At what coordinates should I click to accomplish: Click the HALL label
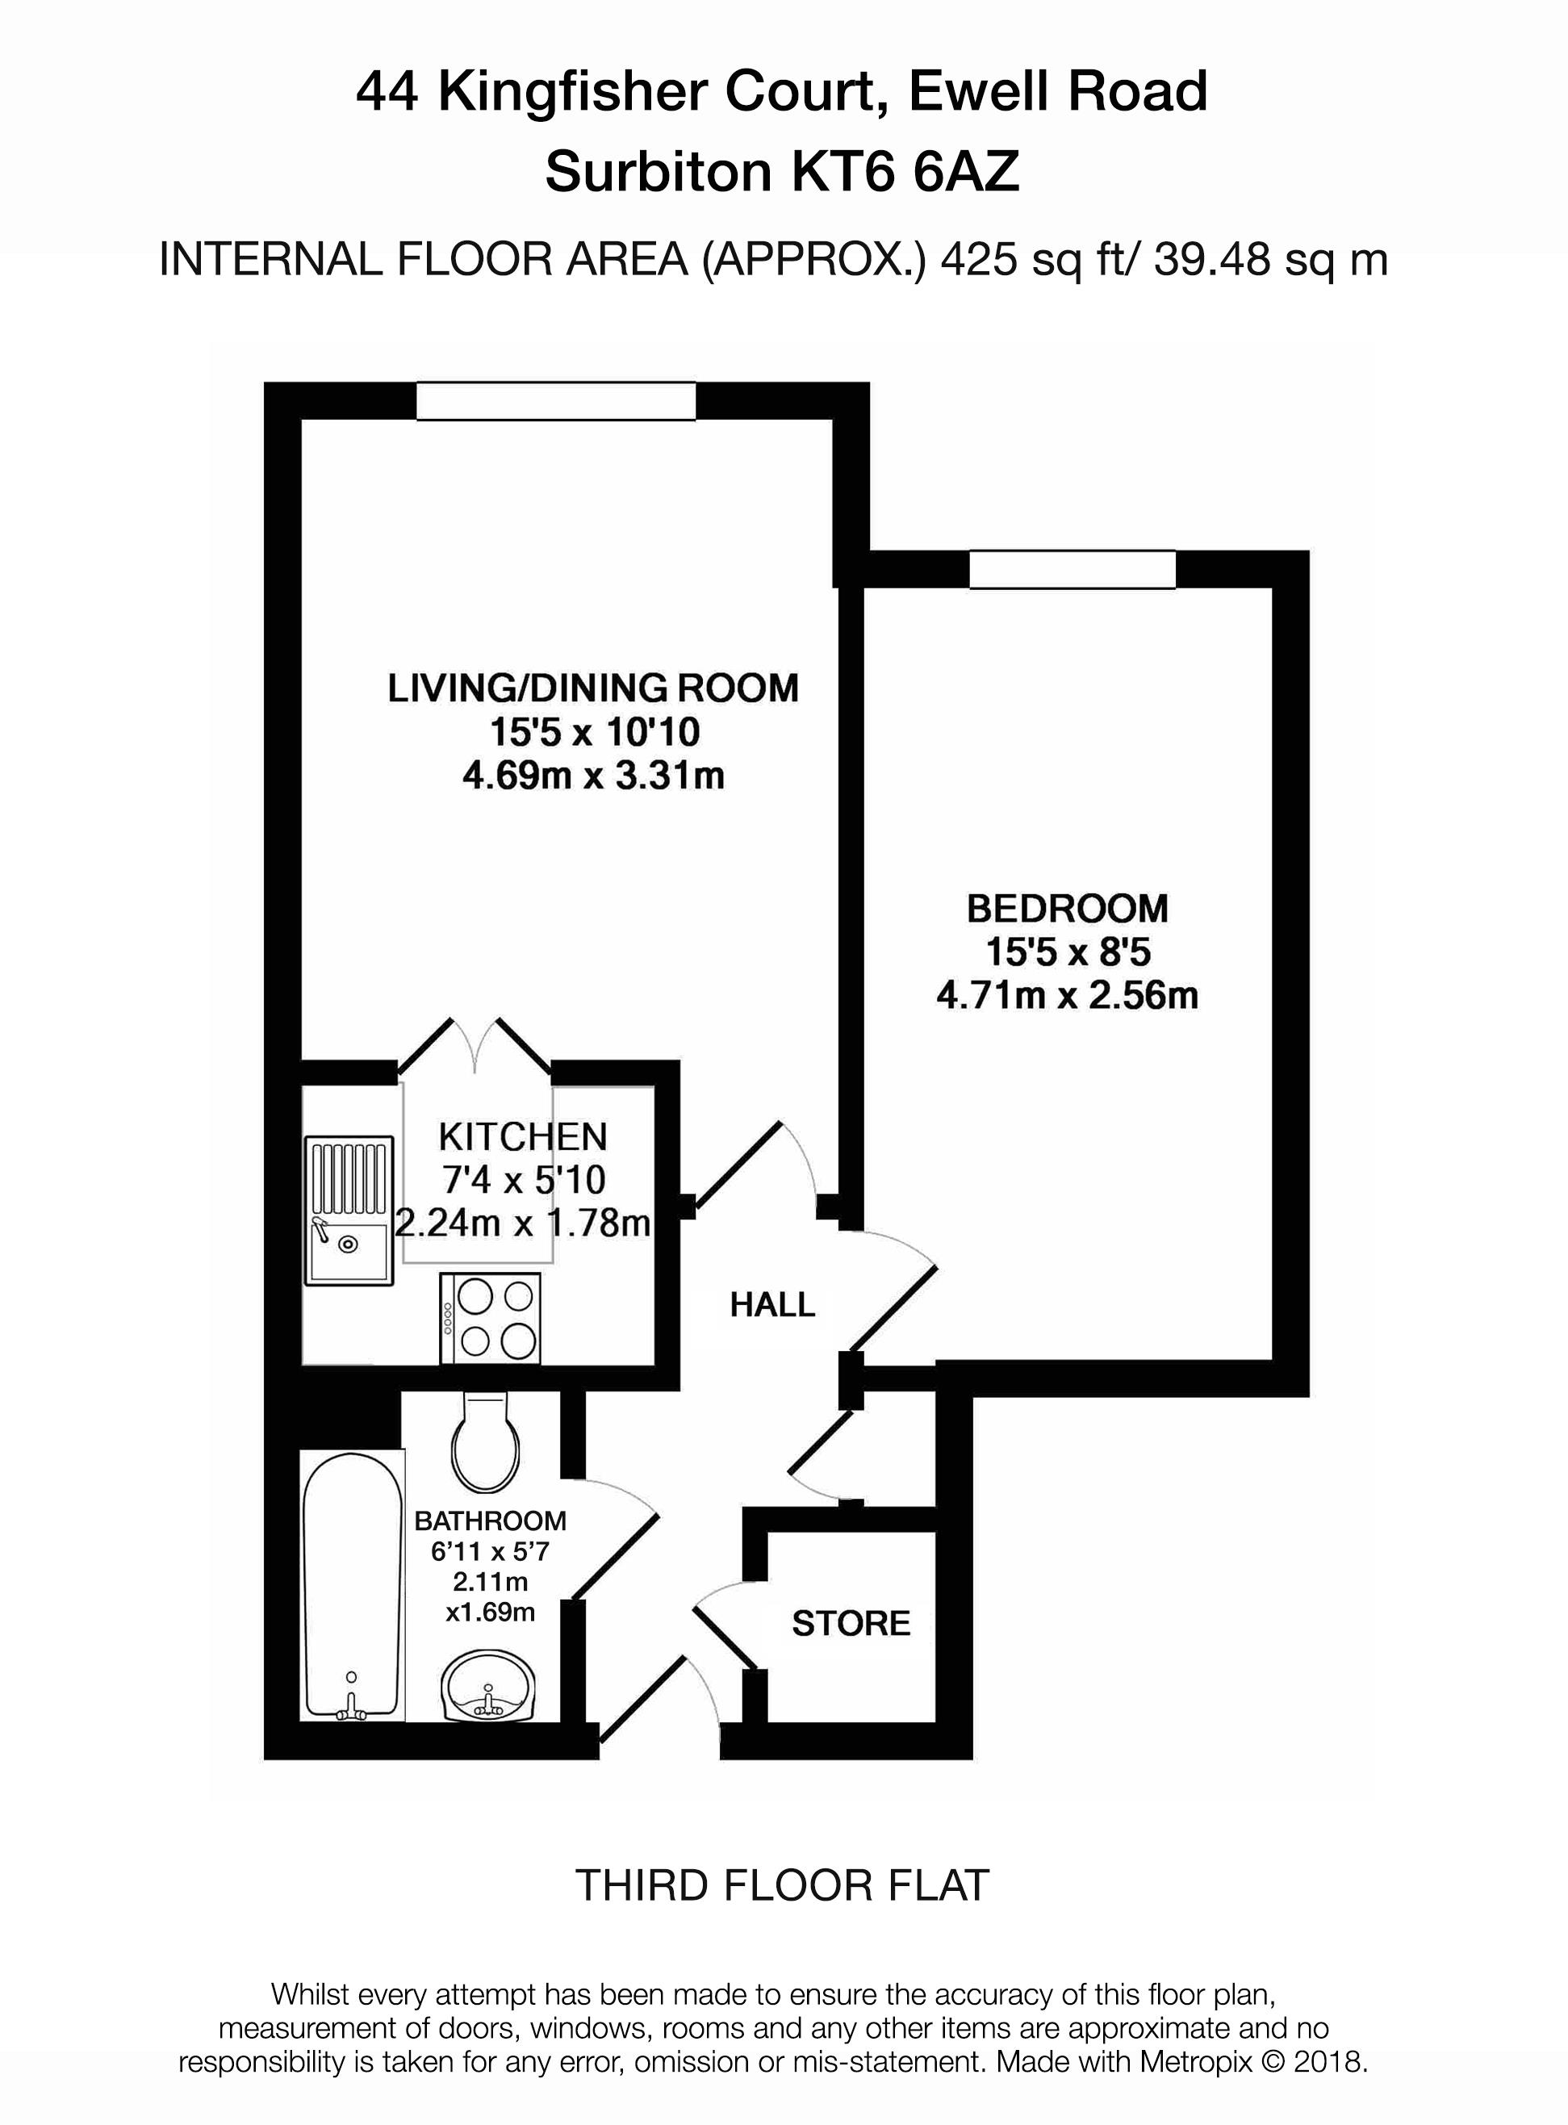click(771, 1305)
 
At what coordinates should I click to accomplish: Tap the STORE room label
click(851, 1623)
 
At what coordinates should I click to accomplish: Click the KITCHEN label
click(522, 1136)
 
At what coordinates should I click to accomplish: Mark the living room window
click(555, 399)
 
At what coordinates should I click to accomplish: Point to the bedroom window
click(1072, 570)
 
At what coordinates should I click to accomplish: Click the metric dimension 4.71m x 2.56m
click(1067, 996)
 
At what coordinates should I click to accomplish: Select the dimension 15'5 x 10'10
click(594, 732)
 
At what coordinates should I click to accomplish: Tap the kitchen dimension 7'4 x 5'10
click(524, 1180)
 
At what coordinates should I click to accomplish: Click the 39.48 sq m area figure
click(1271, 259)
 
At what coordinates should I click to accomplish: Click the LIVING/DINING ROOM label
click(593, 687)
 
